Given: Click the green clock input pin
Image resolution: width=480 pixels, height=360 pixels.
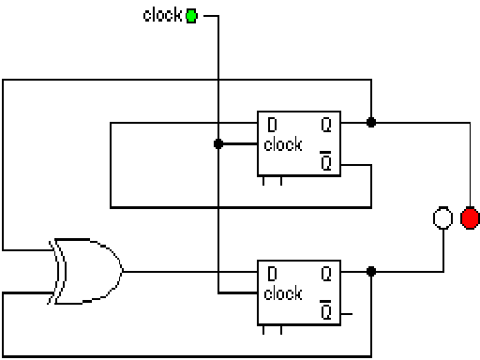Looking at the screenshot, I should [192, 15].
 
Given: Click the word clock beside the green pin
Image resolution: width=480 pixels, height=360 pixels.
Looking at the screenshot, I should [162, 15].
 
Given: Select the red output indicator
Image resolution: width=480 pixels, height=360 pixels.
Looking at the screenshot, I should [470, 219].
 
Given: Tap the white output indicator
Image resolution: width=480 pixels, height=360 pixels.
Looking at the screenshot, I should [442, 219].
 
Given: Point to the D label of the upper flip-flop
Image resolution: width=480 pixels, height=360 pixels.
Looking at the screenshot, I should [272, 124].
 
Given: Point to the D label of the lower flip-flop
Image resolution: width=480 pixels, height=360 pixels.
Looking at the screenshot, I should [272, 274].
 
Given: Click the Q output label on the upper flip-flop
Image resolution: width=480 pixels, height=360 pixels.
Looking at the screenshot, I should [325, 124].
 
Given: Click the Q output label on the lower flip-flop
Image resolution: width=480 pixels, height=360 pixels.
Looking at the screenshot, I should [325, 274].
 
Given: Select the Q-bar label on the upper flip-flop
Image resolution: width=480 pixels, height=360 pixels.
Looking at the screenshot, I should [325, 163].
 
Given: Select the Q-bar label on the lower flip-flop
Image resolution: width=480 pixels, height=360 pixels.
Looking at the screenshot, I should [325, 312].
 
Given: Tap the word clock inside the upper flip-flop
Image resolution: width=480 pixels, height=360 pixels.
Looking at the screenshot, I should [283, 144].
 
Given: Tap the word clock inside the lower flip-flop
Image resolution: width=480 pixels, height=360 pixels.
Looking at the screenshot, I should [283, 293].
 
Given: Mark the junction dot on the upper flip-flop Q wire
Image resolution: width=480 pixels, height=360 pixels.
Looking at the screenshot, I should [371, 122].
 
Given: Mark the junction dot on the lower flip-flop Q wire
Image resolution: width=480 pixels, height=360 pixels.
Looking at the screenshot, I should [371, 272].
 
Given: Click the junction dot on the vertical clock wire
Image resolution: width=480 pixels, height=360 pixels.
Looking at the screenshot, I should [218, 144].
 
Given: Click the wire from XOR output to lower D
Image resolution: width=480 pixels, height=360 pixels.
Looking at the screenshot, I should [187, 272].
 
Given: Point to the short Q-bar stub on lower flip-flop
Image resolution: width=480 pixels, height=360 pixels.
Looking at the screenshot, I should [346, 312].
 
